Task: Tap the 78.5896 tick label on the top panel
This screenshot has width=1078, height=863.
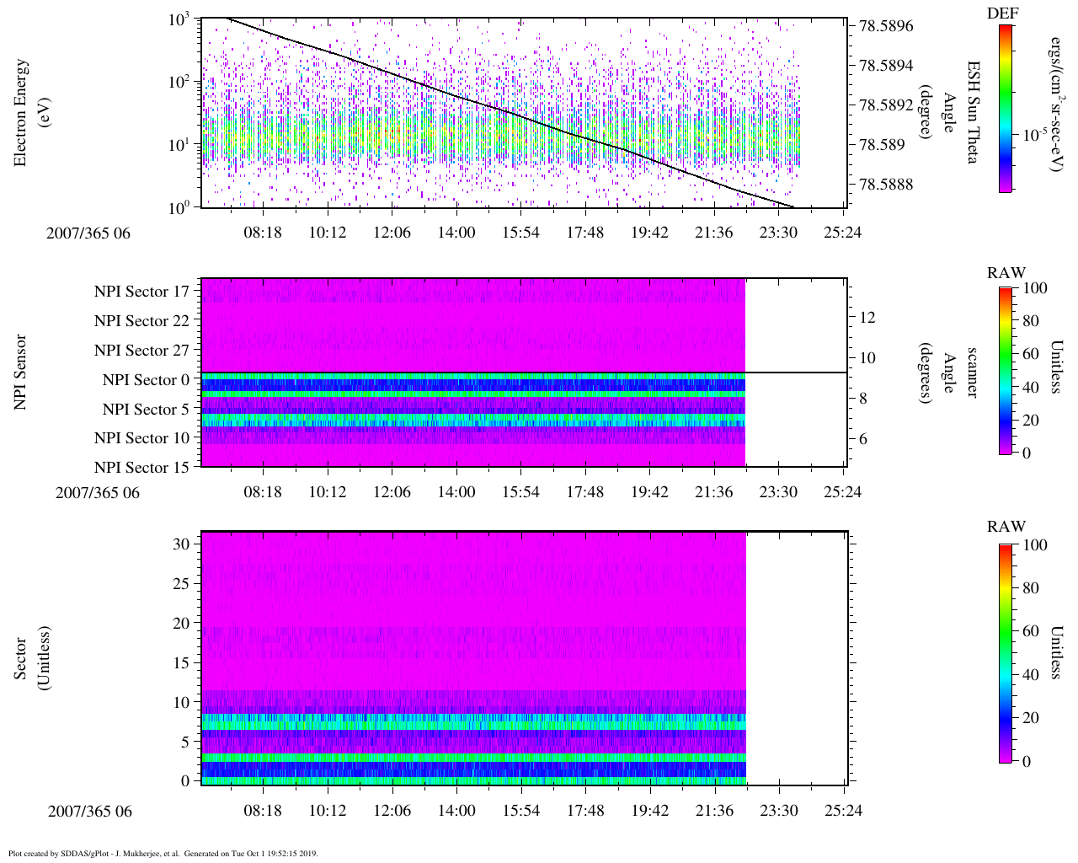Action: click(x=886, y=26)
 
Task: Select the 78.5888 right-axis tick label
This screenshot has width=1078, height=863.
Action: click(x=886, y=185)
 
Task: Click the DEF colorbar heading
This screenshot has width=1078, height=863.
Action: click(x=1002, y=13)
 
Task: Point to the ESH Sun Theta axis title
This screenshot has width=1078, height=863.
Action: click(x=973, y=112)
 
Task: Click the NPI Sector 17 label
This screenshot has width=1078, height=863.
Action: click(x=141, y=292)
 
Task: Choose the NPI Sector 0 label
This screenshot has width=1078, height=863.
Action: click(x=146, y=380)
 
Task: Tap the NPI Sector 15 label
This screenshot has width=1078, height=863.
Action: click(x=141, y=468)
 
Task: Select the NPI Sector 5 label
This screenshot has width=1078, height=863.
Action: click(x=146, y=410)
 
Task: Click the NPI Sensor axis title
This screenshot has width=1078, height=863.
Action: click(x=21, y=373)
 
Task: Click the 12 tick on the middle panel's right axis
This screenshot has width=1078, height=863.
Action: click(x=867, y=318)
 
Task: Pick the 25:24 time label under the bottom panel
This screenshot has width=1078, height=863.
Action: click(x=843, y=811)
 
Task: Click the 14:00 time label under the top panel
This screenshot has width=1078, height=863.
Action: click(x=456, y=233)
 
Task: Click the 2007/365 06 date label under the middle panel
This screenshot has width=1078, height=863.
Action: click(x=98, y=492)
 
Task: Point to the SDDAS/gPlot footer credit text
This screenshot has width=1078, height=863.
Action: click(x=163, y=853)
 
